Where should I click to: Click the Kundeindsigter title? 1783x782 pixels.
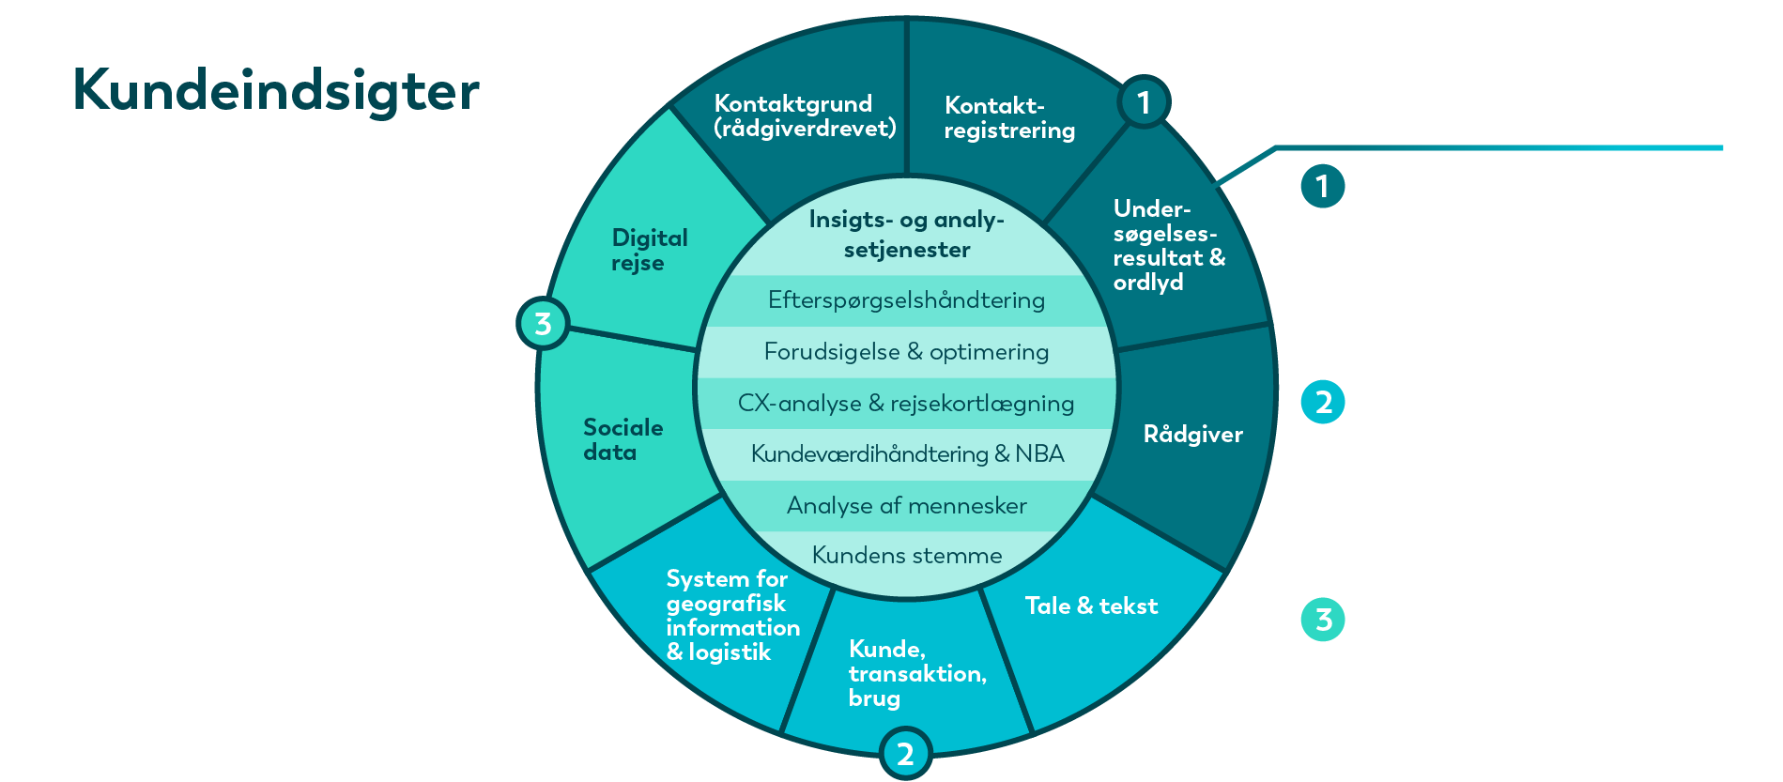[x=276, y=92]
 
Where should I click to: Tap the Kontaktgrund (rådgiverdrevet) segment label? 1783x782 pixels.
[x=806, y=116]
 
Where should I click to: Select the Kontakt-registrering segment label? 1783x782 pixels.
[x=1009, y=118]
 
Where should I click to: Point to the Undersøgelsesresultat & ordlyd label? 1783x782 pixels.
[x=1169, y=245]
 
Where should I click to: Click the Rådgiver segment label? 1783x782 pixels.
[x=1192, y=434]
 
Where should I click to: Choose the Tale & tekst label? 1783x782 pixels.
[x=1091, y=606]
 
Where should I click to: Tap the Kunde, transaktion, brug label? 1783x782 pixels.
[x=917, y=673]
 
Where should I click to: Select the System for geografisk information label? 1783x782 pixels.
[x=733, y=616]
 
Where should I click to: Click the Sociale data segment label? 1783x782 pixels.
[x=623, y=439]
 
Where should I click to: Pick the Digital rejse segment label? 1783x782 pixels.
[x=650, y=250]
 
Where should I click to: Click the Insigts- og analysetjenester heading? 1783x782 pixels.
[x=906, y=234]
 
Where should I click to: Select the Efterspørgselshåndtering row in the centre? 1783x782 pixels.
[x=906, y=300]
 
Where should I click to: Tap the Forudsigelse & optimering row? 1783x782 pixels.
[x=906, y=352]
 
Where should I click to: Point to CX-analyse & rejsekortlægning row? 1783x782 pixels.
[x=906, y=404]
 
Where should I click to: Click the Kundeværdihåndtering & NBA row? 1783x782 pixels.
[x=907, y=454]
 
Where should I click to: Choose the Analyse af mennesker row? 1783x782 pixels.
[x=906, y=506]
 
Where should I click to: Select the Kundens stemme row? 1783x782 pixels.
[x=906, y=556]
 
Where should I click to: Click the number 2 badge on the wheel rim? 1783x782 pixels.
[x=905, y=754]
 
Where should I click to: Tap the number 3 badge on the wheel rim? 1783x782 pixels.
[x=543, y=324]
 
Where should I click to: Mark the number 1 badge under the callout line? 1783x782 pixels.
[x=1323, y=186]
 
